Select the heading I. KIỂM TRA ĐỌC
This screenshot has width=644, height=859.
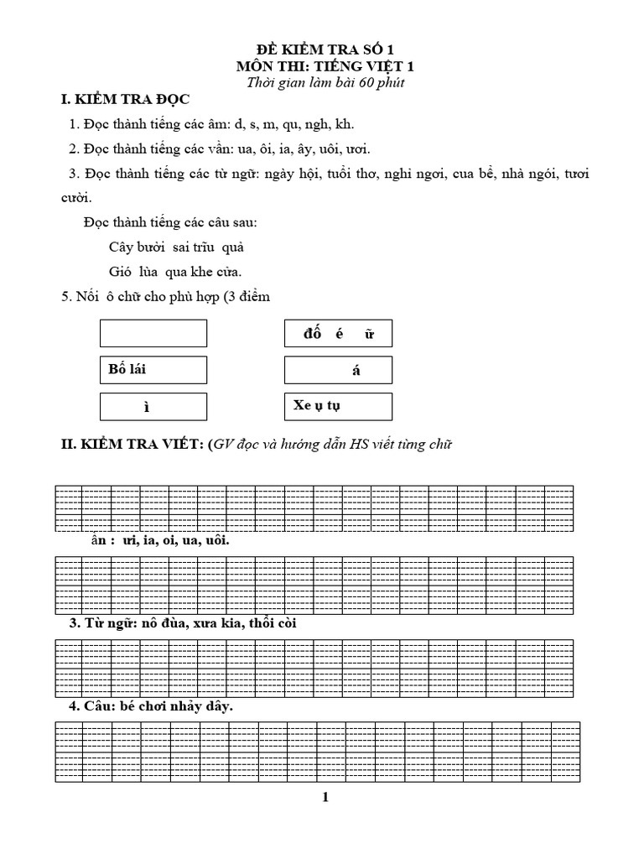(129, 101)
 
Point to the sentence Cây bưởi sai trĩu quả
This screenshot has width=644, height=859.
(176, 247)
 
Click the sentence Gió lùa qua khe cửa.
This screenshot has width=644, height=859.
(175, 271)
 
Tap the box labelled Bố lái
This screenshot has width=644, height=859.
(153, 370)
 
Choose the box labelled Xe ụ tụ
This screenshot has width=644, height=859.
(338, 406)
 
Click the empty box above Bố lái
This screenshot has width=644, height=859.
(153, 333)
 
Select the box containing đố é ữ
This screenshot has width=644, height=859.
(338, 334)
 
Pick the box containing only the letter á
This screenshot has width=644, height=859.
(338, 370)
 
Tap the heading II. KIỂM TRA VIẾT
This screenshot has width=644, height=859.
(256, 445)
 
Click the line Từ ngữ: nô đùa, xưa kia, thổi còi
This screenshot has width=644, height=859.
(182, 623)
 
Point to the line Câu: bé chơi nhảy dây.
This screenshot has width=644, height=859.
(150, 706)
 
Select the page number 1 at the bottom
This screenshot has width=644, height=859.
(325, 798)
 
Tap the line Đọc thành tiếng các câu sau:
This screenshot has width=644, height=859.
(170, 223)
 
